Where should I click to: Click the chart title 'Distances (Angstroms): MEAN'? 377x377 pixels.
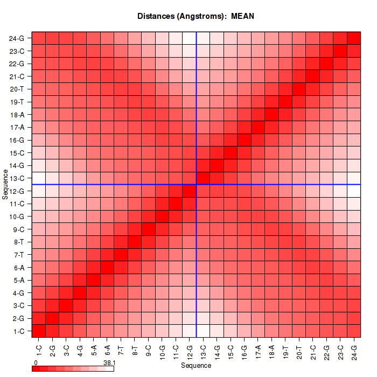196,16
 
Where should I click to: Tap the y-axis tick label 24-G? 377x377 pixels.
17,38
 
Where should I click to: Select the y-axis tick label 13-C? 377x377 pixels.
17,178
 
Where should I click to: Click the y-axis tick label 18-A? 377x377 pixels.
17,115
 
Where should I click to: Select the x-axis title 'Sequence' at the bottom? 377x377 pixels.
196,366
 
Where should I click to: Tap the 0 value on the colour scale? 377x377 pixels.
36,363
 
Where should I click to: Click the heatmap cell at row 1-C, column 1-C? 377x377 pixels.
39,331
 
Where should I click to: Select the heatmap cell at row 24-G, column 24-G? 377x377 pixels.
354,38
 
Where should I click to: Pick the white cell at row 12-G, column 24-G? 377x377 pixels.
354,191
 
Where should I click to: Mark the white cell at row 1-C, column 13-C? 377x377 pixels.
203,331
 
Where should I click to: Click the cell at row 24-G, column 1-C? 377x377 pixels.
39,38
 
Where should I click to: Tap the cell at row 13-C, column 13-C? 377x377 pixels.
203,178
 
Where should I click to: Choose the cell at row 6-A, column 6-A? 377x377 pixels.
107,267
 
